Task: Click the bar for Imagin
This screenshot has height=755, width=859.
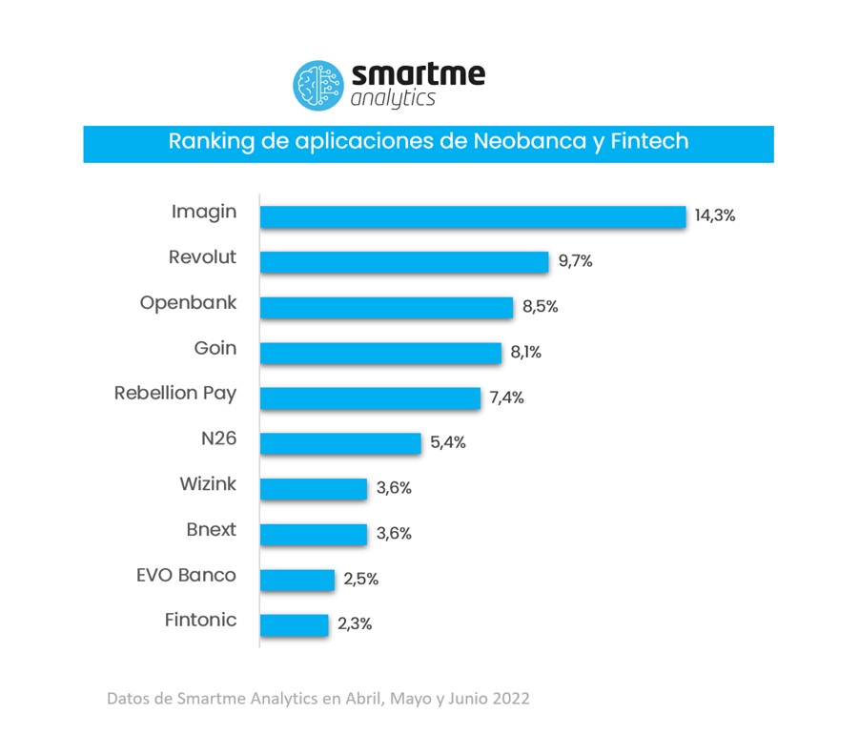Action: tap(473, 216)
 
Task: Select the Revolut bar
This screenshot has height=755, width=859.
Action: tap(404, 262)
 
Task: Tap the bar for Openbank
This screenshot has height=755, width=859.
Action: tap(387, 307)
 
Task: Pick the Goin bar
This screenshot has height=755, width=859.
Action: tap(380, 353)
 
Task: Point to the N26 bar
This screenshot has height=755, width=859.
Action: tap(340, 443)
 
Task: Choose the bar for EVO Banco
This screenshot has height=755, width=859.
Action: tap(297, 580)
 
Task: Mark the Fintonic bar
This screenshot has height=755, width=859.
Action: tap(294, 625)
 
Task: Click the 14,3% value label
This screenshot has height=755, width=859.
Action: tap(715, 215)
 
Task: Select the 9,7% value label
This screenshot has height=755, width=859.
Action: tap(574, 261)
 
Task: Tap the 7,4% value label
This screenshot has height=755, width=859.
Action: tap(506, 398)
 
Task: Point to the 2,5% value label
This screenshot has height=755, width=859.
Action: tap(360, 579)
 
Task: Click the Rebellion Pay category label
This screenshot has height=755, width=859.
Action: tap(175, 394)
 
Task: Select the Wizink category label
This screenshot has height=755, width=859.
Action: tap(208, 484)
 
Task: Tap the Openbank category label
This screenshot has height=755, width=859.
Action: tap(188, 303)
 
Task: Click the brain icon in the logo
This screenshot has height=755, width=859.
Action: tap(318, 84)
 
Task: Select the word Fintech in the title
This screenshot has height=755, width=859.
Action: tap(651, 142)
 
